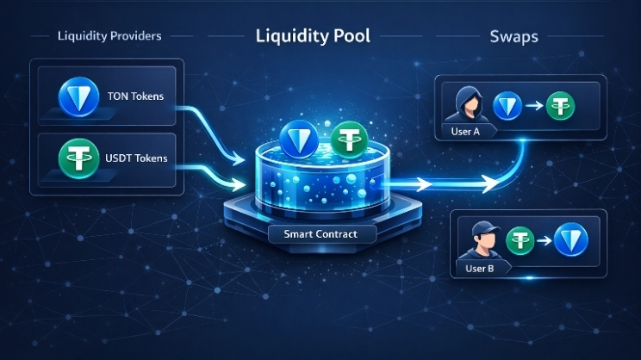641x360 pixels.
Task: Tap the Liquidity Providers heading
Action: (x=109, y=36)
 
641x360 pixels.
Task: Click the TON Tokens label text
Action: (x=136, y=96)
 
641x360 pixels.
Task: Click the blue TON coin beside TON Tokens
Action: (x=78, y=96)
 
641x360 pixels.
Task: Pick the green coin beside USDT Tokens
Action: (x=78, y=160)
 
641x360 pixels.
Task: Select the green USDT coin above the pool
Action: (x=349, y=138)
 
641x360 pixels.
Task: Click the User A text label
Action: (x=462, y=132)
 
